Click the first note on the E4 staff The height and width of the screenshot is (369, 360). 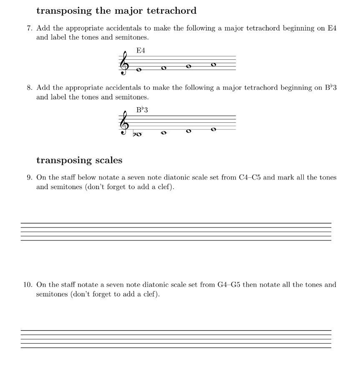click(139, 70)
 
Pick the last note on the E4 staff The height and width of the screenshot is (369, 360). click(214, 64)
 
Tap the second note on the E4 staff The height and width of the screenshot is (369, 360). click(164, 68)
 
